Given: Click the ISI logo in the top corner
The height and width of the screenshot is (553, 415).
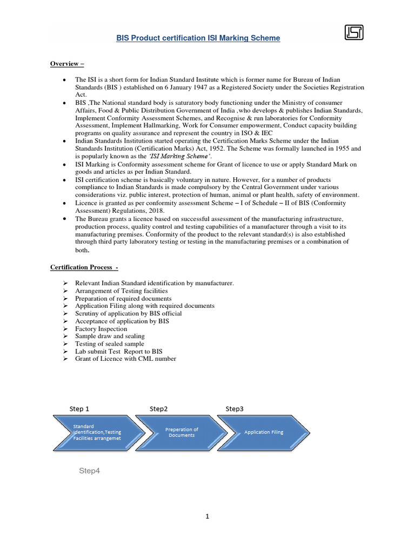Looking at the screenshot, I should click(354, 33).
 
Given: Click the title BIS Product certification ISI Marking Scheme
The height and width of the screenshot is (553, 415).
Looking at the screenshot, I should click(199, 38).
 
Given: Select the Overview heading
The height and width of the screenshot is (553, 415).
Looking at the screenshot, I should click(68, 64).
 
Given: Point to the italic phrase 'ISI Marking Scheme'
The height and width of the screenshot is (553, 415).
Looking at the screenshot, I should click(178, 156).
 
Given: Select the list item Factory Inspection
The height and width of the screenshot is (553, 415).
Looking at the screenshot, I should click(101, 329).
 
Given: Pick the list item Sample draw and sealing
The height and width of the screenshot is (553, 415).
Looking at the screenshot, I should click(109, 336).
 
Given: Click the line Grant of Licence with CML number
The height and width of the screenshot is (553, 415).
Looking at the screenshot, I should click(125, 359).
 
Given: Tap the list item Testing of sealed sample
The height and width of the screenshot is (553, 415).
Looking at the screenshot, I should click(110, 344).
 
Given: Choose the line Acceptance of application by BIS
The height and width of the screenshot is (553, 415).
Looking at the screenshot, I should click(122, 321).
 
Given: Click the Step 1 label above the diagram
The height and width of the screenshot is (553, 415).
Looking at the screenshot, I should click(79, 409).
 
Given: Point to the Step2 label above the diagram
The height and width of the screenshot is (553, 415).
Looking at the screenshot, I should click(159, 409).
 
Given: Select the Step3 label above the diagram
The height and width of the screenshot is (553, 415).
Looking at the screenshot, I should click(235, 409).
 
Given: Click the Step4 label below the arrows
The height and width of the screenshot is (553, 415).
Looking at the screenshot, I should click(90, 471).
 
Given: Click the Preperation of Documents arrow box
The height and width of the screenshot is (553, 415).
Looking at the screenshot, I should click(182, 433).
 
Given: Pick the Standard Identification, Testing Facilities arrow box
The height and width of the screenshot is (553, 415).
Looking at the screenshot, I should click(97, 433).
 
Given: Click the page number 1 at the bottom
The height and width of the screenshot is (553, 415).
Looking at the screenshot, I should click(207, 516).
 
